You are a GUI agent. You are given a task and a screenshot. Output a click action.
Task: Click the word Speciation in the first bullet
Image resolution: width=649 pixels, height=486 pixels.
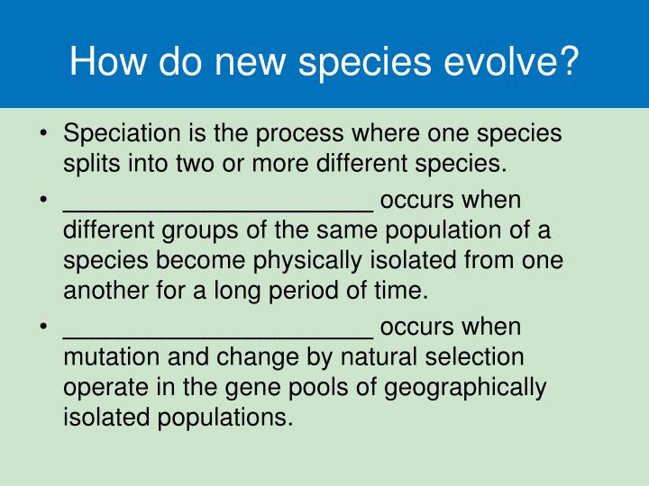(122, 134)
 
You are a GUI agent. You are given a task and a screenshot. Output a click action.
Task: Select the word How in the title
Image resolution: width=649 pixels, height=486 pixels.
(107, 61)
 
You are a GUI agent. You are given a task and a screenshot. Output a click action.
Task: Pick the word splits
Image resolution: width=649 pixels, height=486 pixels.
(91, 164)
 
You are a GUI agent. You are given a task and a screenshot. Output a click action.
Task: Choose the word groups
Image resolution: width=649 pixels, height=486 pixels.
(200, 231)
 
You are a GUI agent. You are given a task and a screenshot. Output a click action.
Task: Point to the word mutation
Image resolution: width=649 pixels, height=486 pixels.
(112, 356)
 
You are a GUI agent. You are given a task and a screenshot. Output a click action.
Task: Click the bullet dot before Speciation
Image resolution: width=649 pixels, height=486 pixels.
(43, 133)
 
